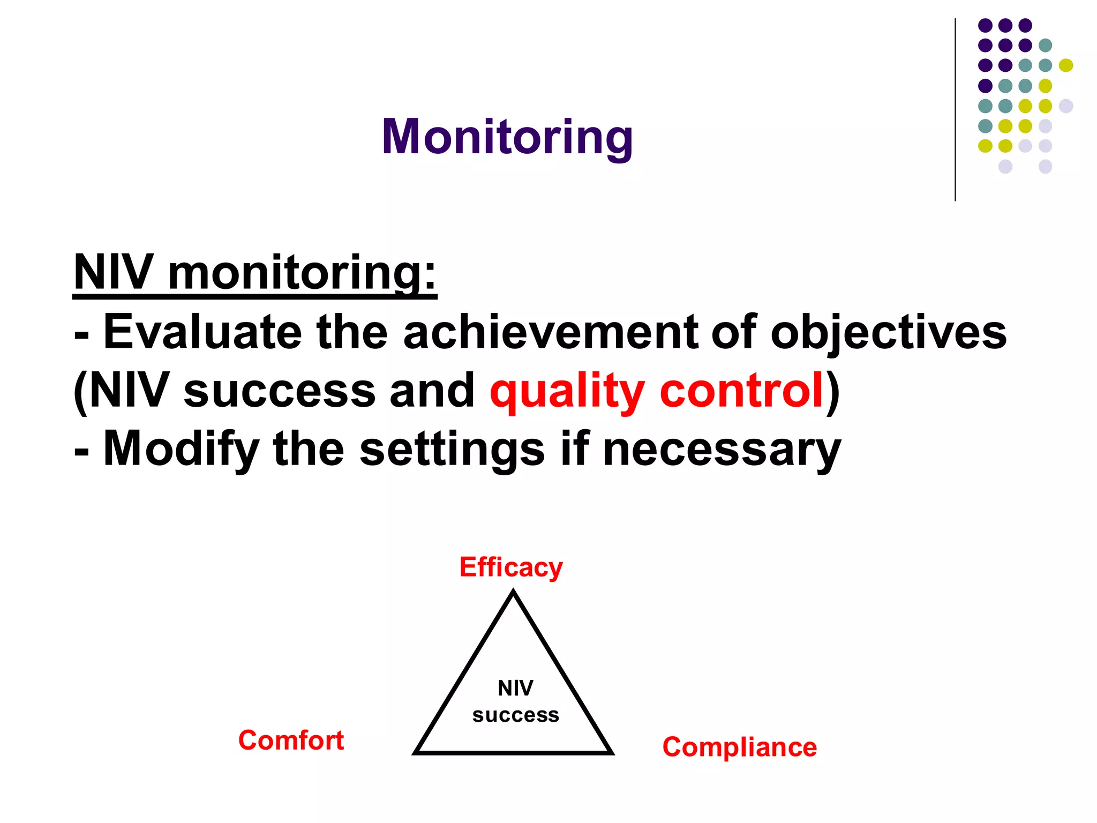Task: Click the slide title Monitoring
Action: (507, 137)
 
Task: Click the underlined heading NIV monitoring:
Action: (255, 273)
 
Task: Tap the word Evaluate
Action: (202, 332)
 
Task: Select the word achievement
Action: (551, 332)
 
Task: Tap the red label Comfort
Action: (291, 740)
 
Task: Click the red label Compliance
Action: (739, 747)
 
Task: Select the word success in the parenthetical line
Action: (279, 391)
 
